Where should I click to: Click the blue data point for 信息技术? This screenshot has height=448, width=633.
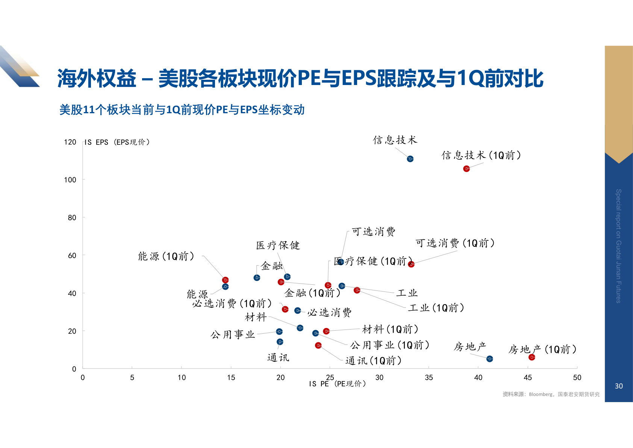click(410, 159)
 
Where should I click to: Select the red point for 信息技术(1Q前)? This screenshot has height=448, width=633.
click(466, 169)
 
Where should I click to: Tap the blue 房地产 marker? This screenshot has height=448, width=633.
click(489, 359)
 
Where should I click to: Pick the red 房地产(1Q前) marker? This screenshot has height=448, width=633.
click(532, 357)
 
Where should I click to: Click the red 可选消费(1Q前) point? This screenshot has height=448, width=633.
click(411, 264)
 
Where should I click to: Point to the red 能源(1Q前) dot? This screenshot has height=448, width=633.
click(225, 280)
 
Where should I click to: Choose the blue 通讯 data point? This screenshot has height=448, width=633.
click(280, 342)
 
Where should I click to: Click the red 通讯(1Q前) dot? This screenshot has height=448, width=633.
click(318, 345)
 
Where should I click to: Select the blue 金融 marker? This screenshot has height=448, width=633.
click(257, 278)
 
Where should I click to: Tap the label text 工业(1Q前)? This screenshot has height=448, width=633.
click(436, 308)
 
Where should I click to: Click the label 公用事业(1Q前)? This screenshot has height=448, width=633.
click(389, 345)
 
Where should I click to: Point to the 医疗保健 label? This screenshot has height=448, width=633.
click(278, 246)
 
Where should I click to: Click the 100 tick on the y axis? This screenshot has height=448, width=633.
click(70, 180)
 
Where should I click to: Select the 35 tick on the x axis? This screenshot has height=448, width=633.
click(429, 378)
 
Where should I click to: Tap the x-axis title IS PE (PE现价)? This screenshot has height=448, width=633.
click(337, 384)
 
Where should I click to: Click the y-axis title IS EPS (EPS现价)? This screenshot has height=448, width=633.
click(117, 142)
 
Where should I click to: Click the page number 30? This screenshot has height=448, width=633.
click(619, 386)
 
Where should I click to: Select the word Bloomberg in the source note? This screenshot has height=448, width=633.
click(541, 394)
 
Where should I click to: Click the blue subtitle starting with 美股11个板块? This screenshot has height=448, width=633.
click(182, 110)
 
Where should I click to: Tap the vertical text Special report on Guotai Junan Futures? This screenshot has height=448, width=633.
click(618, 246)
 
